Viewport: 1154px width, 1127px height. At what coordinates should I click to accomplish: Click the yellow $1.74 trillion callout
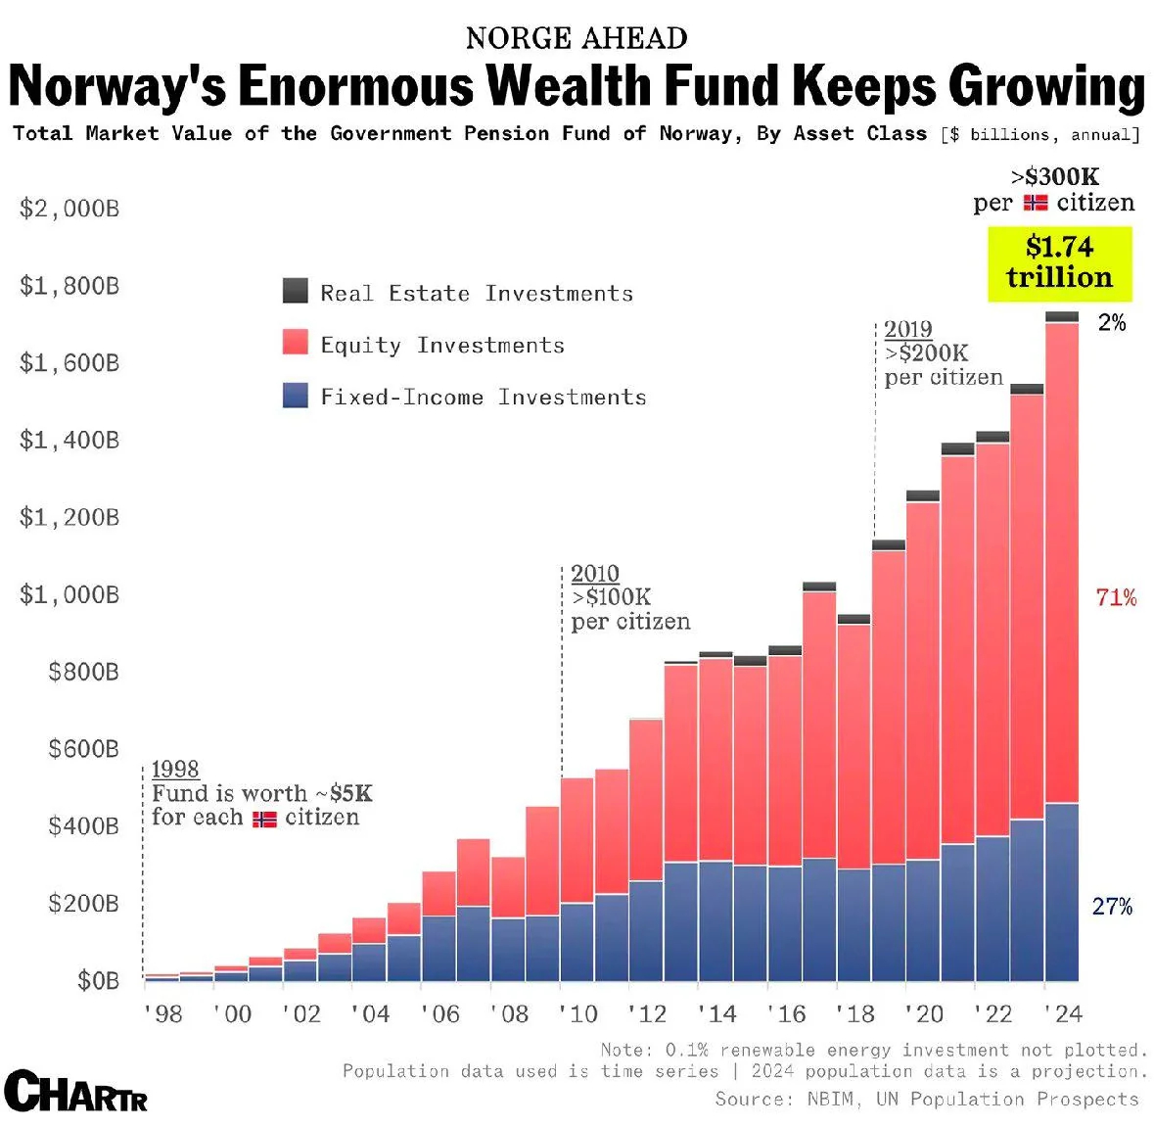pyautogui.click(x=1059, y=262)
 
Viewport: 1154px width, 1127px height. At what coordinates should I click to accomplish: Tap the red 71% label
pyautogui.click(x=1116, y=597)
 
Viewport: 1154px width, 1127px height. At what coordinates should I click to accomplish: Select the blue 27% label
pyautogui.click(x=1112, y=907)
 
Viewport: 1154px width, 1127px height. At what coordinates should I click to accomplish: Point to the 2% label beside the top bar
pyautogui.click(x=1112, y=323)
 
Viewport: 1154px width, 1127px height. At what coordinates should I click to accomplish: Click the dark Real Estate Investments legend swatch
pyautogui.click(x=295, y=291)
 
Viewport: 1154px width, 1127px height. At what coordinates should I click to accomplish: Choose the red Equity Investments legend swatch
pyautogui.click(x=295, y=343)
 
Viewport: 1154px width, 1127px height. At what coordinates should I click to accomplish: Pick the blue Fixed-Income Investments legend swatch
pyautogui.click(x=295, y=395)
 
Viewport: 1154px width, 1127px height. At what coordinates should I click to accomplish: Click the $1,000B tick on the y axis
pyautogui.click(x=69, y=594)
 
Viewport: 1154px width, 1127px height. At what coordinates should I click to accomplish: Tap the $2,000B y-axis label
pyautogui.click(x=69, y=209)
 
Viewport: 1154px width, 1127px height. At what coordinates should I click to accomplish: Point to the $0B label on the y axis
pyautogui.click(x=98, y=980)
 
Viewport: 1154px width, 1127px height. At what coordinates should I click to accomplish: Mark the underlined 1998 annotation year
pyautogui.click(x=175, y=770)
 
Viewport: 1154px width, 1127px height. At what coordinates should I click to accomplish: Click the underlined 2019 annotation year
pyautogui.click(x=907, y=329)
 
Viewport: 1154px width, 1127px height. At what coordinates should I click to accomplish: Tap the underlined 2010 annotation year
pyautogui.click(x=594, y=574)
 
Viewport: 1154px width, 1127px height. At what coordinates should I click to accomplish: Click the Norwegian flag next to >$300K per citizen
pyautogui.click(x=1036, y=203)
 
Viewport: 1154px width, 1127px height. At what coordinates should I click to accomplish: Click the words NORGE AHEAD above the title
pyautogui.click(x=577, y=38)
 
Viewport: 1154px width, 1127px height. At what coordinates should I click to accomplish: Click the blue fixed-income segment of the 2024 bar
pyautogui.click(x=1061, y=891)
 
